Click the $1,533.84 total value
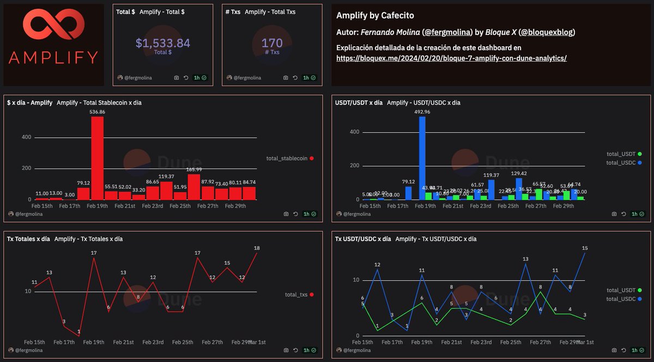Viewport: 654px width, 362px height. click(x=162, y=43)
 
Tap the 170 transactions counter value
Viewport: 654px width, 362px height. click(x=271, y=43)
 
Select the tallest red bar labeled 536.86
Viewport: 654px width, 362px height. click(x=97, y=158)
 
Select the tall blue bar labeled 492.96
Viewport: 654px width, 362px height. click(x=422, y=158)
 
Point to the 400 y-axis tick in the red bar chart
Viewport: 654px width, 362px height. click(x=26, y=138)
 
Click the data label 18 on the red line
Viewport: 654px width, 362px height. click(x=257, y=248)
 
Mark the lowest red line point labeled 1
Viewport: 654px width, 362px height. click(x=79, y=336)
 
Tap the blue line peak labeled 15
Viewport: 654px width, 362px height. click(x=585, y=252)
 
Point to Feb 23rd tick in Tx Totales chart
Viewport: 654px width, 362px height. click(x=153, y=342)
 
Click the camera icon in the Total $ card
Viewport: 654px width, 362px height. click(x=177, y=78)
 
